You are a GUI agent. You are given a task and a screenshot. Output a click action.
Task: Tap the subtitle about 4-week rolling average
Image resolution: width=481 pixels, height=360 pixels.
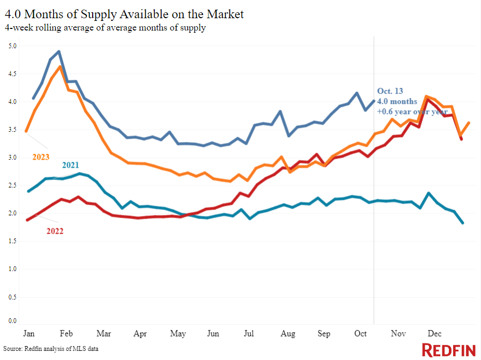[105, 28]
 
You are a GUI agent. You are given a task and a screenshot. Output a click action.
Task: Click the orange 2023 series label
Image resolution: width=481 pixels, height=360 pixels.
[41, 157]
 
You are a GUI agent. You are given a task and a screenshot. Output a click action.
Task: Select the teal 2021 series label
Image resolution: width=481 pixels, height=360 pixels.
[71, 165]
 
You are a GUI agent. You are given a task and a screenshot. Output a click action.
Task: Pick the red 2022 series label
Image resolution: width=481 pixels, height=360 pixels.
[55, 231]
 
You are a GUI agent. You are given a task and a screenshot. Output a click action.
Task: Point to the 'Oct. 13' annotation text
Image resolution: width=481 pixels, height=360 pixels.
[390, 91]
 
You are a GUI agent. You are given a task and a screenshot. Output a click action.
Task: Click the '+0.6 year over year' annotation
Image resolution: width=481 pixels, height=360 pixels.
[412, 112]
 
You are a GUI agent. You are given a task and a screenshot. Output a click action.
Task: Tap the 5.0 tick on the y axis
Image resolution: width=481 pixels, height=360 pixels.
[12, 46]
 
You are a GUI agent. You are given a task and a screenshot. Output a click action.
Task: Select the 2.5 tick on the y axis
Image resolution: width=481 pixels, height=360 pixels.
[12, 185]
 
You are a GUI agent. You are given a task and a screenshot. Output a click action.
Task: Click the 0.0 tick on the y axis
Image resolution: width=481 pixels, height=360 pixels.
[12, 321]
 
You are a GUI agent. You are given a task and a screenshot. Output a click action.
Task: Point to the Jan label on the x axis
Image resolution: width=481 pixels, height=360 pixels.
[29, 334]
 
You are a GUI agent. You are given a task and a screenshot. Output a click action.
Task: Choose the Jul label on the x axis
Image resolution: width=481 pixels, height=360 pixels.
[249, 334]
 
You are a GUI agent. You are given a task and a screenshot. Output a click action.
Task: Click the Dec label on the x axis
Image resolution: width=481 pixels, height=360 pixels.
[434, 334]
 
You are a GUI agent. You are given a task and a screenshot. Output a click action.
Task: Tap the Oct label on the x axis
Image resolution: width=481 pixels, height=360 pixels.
[360, 334]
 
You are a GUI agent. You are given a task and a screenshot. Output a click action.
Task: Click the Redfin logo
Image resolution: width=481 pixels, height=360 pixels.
[448, 350]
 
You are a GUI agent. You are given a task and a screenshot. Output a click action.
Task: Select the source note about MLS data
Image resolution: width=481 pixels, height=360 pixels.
[51, 349]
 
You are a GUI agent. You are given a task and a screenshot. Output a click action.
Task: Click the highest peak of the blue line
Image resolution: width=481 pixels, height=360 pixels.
[59, 51]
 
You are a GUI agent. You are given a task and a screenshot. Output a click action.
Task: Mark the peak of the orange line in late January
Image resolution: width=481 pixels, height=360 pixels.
[61, 66]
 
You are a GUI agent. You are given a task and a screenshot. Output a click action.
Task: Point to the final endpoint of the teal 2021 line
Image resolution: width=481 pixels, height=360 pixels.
[462, 223]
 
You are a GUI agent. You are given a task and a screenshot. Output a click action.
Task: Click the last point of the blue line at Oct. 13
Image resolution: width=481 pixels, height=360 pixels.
[374, 100]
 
